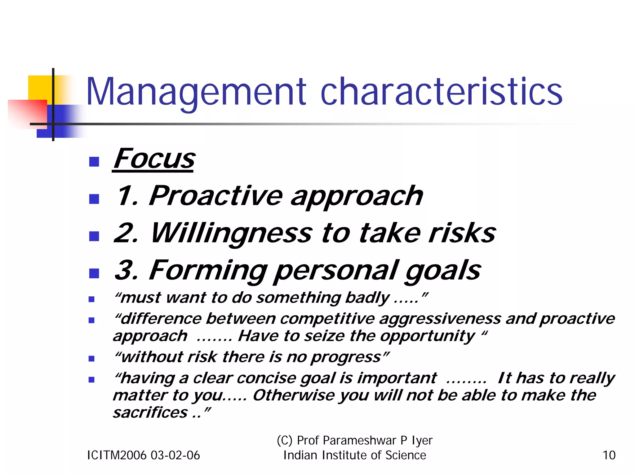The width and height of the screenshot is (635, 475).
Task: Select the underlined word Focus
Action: [154, 159]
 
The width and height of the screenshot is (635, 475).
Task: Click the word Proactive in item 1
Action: [216, 196]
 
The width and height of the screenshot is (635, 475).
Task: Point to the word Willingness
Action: [231, 233]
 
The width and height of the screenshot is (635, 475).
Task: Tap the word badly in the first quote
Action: [367, 298]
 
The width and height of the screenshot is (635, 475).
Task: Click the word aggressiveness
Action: [440, 319]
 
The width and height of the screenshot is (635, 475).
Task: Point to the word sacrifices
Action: [150, 413]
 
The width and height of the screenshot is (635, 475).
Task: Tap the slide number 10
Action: [609, 455]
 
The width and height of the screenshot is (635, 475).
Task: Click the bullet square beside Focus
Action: [94, 162]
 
